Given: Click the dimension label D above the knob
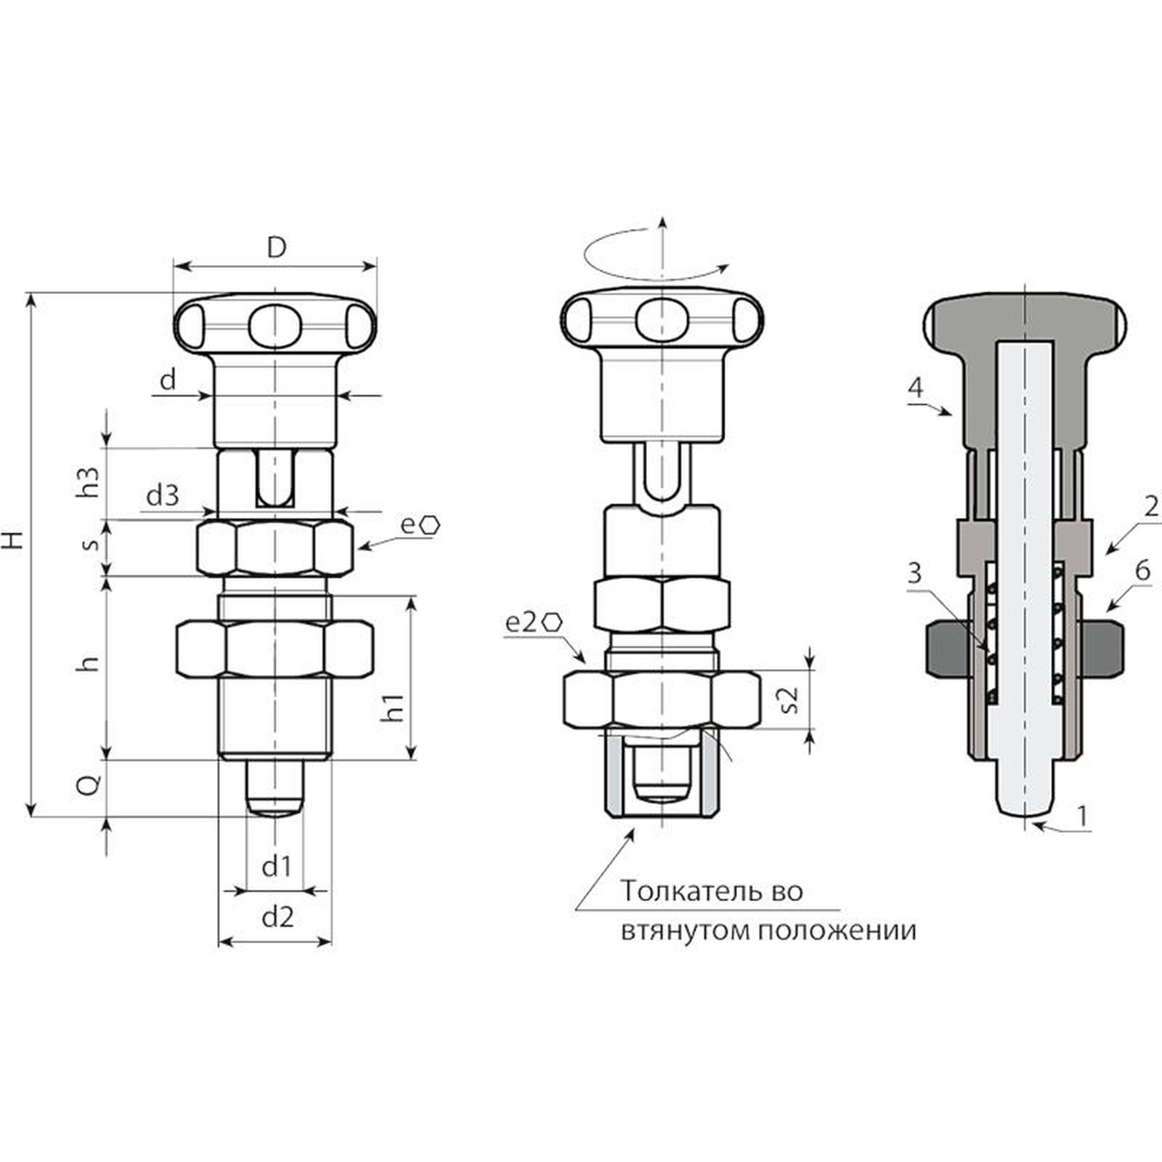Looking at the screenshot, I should click(276, 248).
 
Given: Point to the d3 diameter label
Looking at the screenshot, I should click(162, 496).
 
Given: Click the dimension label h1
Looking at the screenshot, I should click(393, 707).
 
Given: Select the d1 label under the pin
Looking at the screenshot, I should click(277, 866).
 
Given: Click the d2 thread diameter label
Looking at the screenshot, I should click(277, 917).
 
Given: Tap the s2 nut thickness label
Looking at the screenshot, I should click(789, 697).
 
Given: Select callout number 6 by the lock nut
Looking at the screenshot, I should click(1142, 571).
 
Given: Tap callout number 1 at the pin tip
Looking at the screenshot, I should click(1082, 816).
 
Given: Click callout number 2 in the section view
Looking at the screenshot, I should click(1150, 505).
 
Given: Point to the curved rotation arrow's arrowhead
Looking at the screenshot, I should click(723, 268).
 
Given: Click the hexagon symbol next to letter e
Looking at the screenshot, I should click(431, 525).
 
